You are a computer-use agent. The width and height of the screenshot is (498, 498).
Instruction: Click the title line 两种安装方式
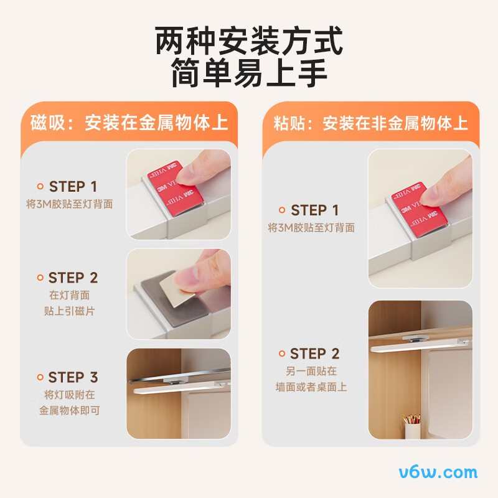pyautogui.click(x=249, y=41)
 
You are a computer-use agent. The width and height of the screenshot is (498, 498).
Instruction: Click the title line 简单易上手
pyautogui.click(x=249, y=73)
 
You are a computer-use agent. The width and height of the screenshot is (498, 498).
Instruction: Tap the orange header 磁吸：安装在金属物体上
pyautogui.click(x=129, y=123)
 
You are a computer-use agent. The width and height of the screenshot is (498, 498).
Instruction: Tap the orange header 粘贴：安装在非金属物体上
pyautogui.click(x=370, y=123)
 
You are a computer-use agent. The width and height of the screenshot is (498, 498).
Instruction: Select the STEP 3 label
pyautogui.click(x=73, y=377)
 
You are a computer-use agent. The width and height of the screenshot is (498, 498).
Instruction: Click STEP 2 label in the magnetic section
pyautogui.click(x=73, y=278)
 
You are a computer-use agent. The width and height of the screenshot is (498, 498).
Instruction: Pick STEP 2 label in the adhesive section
pyautogui.click(x=315, y=354)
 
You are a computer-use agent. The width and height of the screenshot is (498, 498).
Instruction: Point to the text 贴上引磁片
pyautogui.click(x=69, y=311)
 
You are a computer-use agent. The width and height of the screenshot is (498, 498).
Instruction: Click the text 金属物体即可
pyautogui.click(x=69, y=410)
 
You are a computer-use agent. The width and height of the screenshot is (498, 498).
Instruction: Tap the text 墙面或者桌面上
pyautogui.click(x=311, y=387)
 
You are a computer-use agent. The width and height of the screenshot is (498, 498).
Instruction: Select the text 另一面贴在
pyautogui.click(x=311, y=370)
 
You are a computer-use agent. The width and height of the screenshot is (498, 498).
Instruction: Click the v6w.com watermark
pyautogui.click(x=438, y=472)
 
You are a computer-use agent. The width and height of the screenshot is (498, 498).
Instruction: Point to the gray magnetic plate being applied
pyautogui.click(x=172, y=305)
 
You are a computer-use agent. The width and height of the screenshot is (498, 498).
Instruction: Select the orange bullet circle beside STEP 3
pyautogui.click(x=40, y=377)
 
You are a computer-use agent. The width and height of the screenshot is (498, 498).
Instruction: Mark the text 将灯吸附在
pyautogui.click(x=69, y=395)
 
